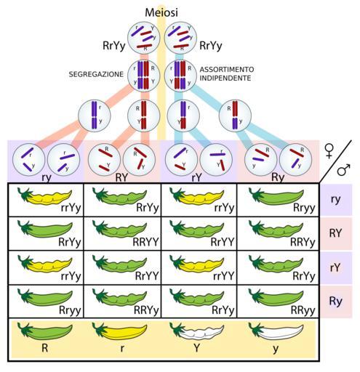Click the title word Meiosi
[x=161, y=12]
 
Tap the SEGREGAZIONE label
[x=96, y=74]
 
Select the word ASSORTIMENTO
[x=227, y=70]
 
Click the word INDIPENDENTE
[x=225, y=78]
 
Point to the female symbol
[x=329, y=151]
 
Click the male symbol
[x=344, y=169]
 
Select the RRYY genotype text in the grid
[x=145, y=242]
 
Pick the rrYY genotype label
[x=223, y=276]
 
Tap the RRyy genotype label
[x=303, y=310]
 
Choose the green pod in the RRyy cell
[x=276, y=298]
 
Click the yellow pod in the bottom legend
[x=119, y=331]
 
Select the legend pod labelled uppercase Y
[x=196, y=331]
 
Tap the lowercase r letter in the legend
[x=122, y=349]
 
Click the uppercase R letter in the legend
[x=44, y=348]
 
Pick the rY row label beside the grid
[x=335, y=267]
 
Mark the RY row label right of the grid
[x=335, y=233]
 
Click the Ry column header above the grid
[x=278, y=177]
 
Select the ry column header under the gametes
[x=47, y=178]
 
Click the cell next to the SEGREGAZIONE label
[x=144, y=76]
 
